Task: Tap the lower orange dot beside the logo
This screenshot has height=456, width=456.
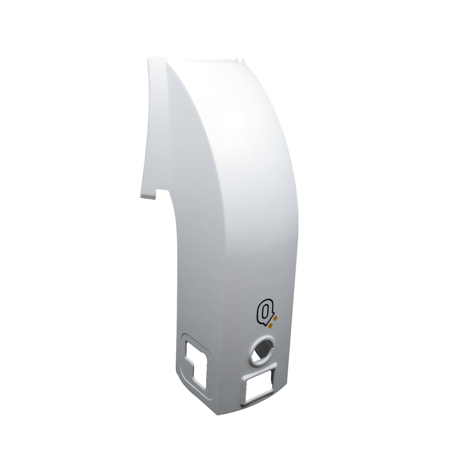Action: tap(270, 325)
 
